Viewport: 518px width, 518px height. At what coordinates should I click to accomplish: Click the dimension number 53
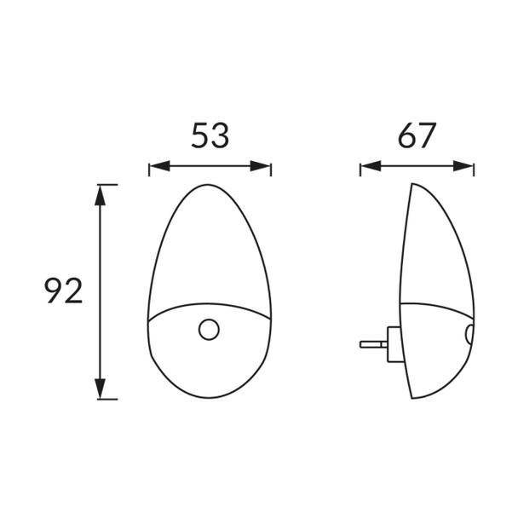(x=210, y=135)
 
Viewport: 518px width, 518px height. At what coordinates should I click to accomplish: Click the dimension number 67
(x=417, y=135)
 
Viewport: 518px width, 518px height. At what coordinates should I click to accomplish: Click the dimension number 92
(x=63, y=291)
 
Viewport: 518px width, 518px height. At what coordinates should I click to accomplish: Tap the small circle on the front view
(x=209, y=330)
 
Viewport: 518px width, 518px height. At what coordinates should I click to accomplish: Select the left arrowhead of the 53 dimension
(x=159, y=166)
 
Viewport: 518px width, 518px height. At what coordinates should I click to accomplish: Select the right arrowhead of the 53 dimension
(x=261, y=166)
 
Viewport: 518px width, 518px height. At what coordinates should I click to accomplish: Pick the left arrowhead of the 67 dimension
(x=371, y=166)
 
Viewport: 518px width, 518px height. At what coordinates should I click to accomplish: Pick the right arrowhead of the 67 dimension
(x=463, y=166)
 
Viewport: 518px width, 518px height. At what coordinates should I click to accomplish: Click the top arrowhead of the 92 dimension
(x=100, y=195)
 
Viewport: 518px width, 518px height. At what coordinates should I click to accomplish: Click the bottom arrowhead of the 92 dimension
(x=100, y=388)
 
